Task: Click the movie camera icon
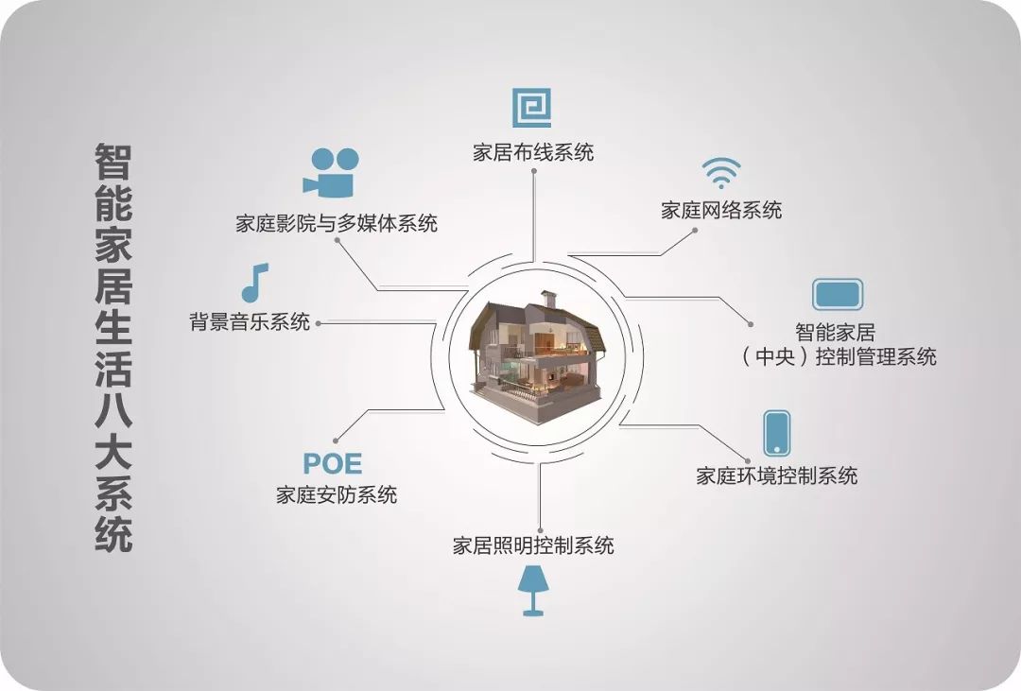(330, 172)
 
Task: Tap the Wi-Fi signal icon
(720, 173)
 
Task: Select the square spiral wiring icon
(531, 108)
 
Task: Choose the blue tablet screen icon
(838, 294)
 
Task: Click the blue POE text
(332, 464)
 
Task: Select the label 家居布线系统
(533, 151)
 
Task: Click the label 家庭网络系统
(721, 210)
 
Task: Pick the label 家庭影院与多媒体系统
(337, 224)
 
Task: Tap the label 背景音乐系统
(250, 321)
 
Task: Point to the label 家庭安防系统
(337, 494)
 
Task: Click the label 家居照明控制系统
(533, 545)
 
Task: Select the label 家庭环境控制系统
(777, 475)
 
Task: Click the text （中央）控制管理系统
(838, 356)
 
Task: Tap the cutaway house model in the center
(536, 352)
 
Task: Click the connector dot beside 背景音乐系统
(319, 322)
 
